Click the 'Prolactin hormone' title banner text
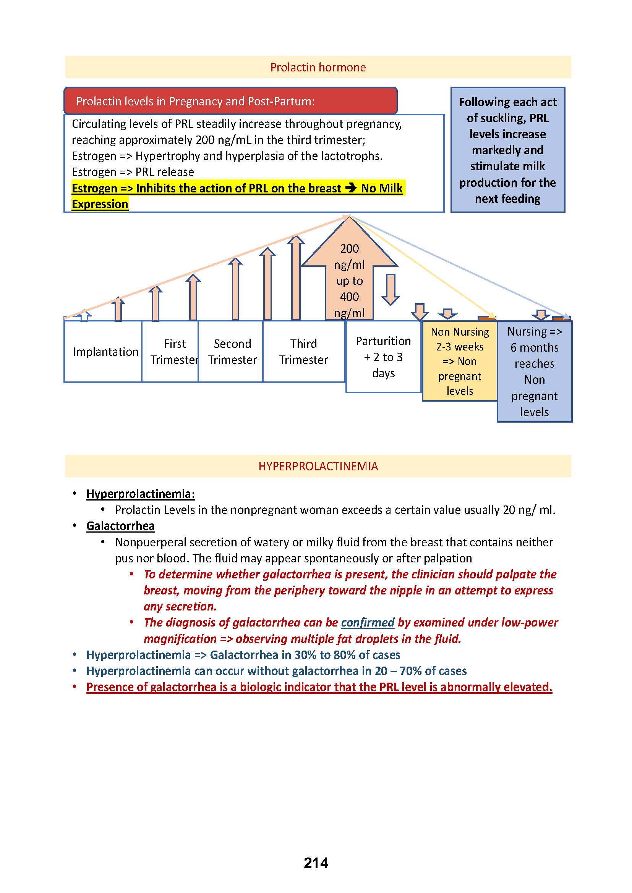click(318, 67)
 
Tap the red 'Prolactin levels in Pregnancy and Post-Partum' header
click(195, 101)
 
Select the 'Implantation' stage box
click(105, 352)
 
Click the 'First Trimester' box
click(174, 352)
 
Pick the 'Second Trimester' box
click(232, 352)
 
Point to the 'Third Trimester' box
click(303, 352)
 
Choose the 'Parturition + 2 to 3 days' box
click(383, 357)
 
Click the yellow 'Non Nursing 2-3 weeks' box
click(460, 361)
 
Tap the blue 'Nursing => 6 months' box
click(534, 371)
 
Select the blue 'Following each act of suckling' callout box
click(507, 150)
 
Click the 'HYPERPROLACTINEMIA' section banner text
click(318, 466)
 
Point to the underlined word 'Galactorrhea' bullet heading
click(120, 526)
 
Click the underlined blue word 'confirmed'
click(368, 623)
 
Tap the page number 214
click(316, 863)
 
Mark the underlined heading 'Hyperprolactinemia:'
click(141, 494)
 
